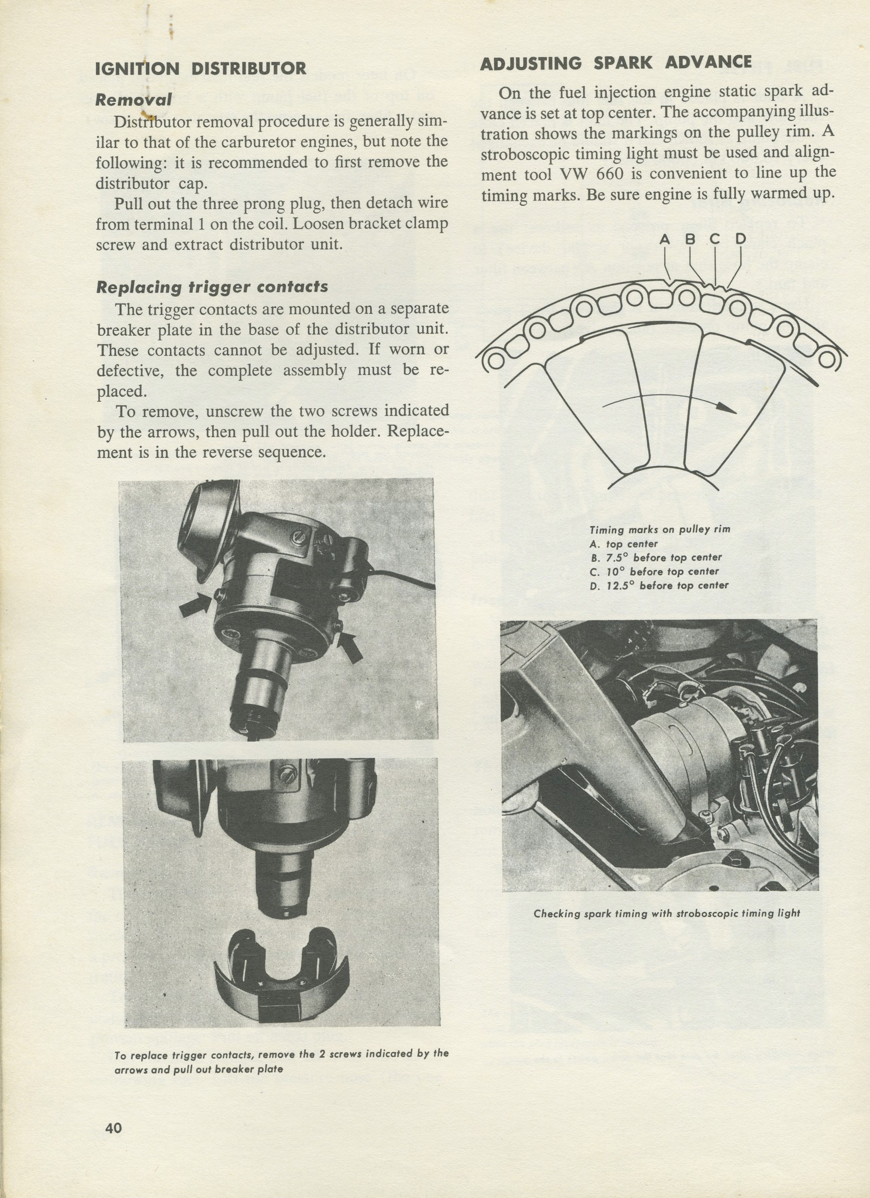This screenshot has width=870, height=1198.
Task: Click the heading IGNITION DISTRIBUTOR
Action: [x=201, y=69]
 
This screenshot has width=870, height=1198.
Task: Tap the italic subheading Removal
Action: [x=133, y=99]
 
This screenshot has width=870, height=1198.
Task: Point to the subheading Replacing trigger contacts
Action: [x=212, y=287]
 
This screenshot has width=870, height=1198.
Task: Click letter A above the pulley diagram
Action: [x=664, y=240]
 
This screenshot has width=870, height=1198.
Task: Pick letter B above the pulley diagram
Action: [x=690, y=239]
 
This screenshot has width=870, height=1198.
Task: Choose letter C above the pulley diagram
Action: [x=714, y=239]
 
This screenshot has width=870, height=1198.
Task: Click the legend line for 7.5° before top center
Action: [x=655, y=558]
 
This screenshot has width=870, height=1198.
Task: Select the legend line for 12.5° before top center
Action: [x=659, y=585]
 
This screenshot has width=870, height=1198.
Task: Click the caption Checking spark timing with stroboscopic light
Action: [x=667, y=913]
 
